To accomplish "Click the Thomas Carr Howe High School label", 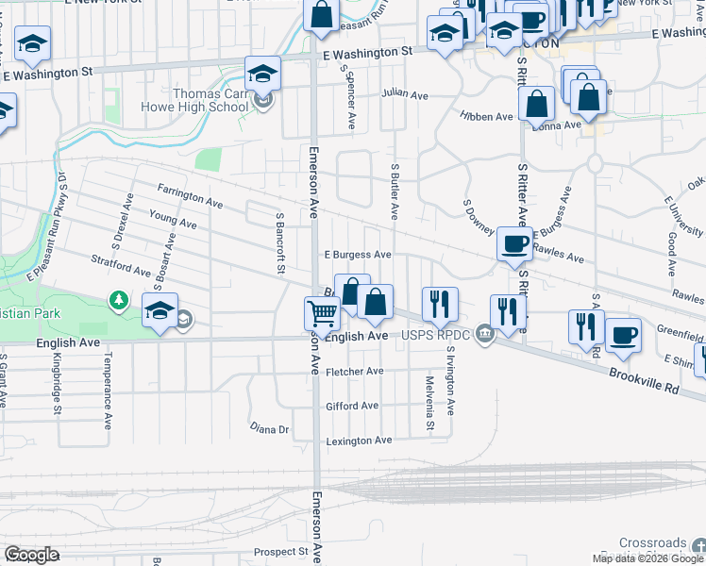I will pyautogui.click(x=210, y=100).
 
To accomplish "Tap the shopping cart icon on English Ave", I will pyautogui.click(x=322, y=314).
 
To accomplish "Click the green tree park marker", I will pyautogui.click(x=119, y=300).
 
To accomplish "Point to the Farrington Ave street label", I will pyautogui.click(x=190, y=196).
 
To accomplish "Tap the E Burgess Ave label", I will pyautogui.click(x=358, y=255).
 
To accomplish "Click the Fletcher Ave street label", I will pyautogui.click(x=354, y=372).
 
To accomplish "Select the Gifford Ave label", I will pyautogui.click(x=352, y=406).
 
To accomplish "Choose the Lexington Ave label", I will pyautogui.click(x=359, y=441).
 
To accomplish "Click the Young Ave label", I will pyautogui.click(x=173, y=219).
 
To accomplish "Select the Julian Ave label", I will pyautogui.click(x=405, y=94).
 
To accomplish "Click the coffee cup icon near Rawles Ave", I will pyautogui.click(x=514, y=243).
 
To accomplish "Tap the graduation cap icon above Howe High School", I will pyautogui.click(x=263, y=73).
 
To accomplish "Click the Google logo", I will pyautogui.click(x=31, y=555).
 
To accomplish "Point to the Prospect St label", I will pyautogui.click(x=281, y=551).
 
